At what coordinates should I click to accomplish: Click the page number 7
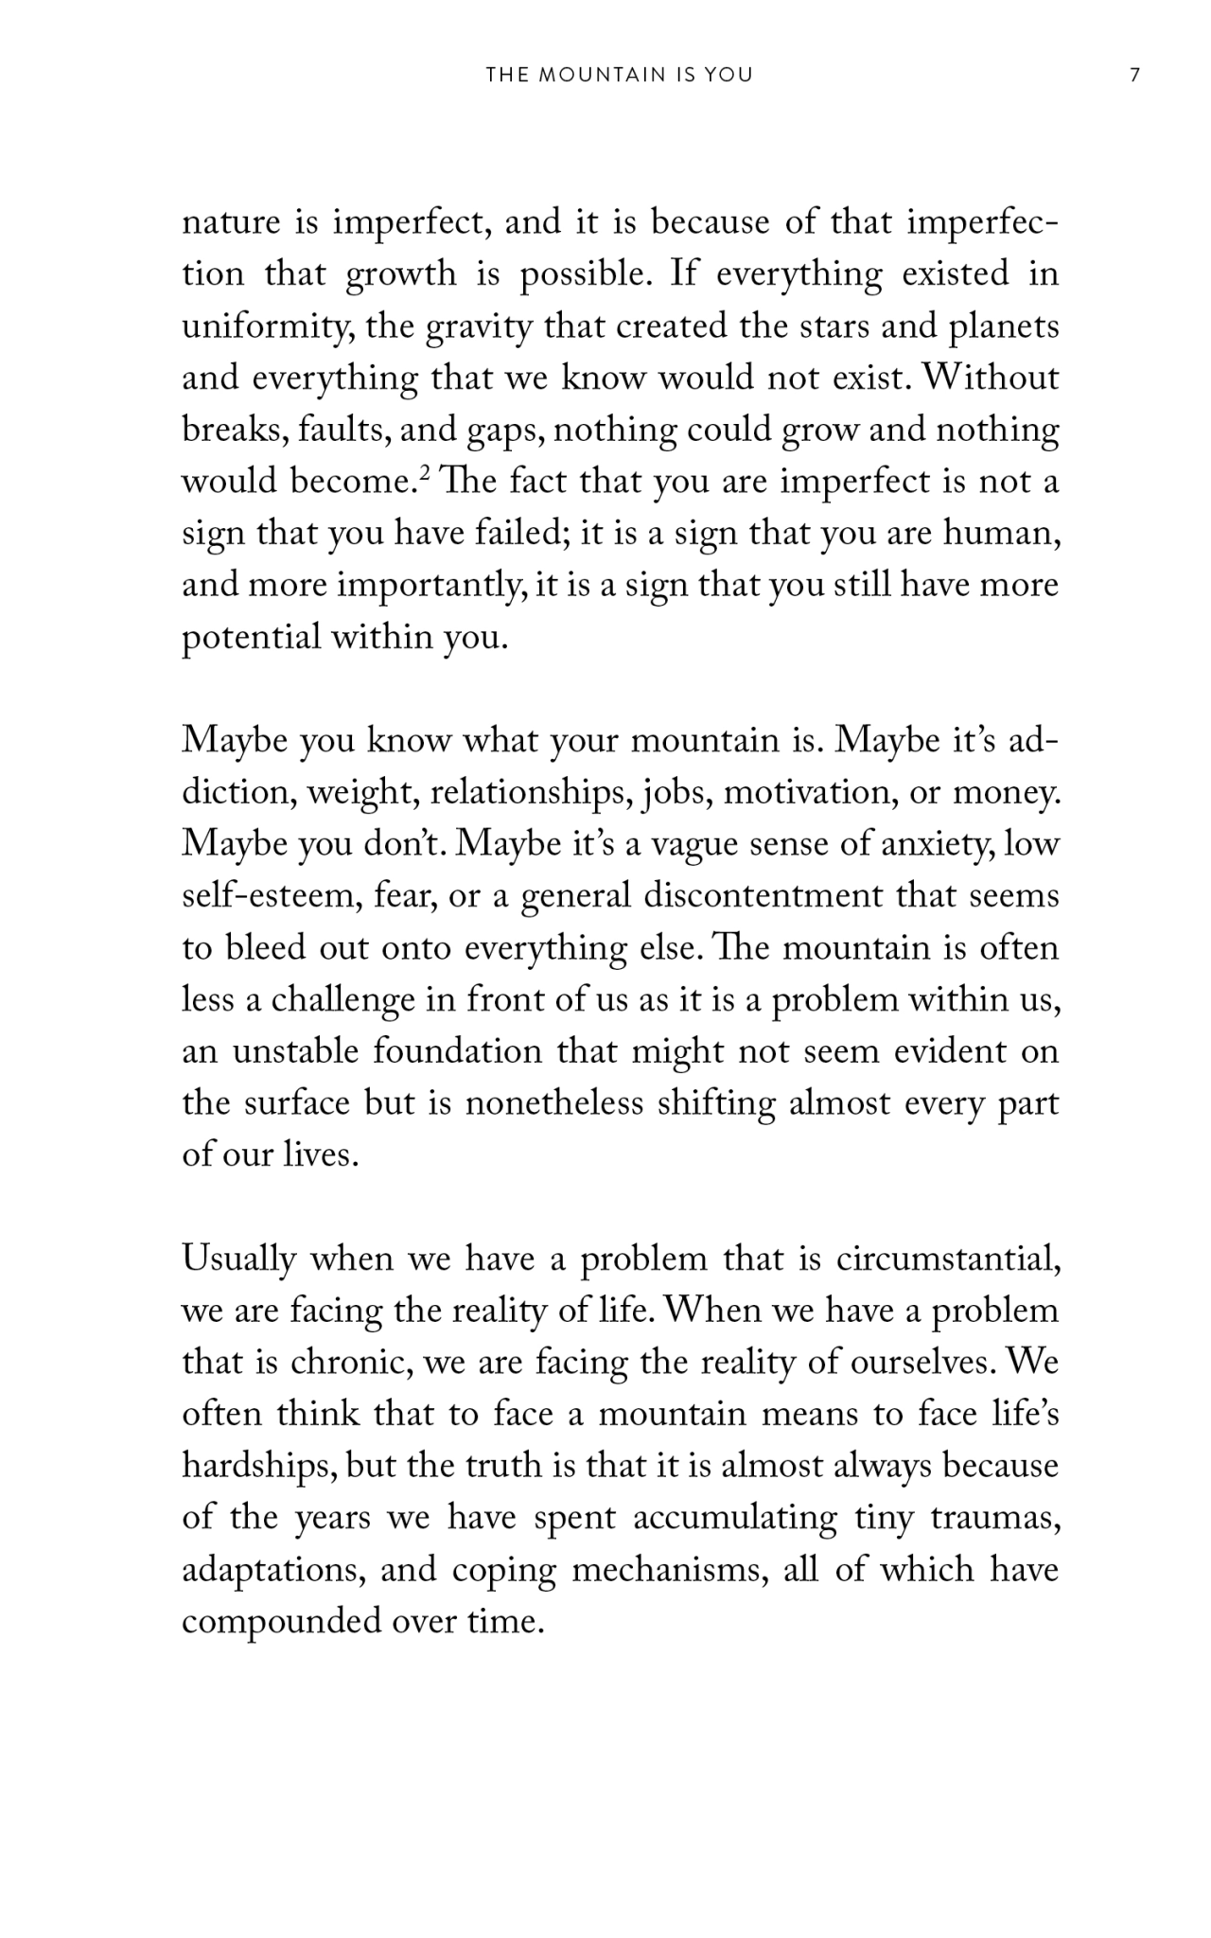pyautogui.click(x=1135, y=76)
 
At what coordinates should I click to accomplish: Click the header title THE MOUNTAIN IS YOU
pyautogui.click(x=620, y=76)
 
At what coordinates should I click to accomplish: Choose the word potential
pyautogui.click(x=251, y=638)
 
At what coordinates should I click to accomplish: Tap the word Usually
pyautogui.click(x=238, y=1260)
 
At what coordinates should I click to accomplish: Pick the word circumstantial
pyautogui.click(x=947, y=1260)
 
